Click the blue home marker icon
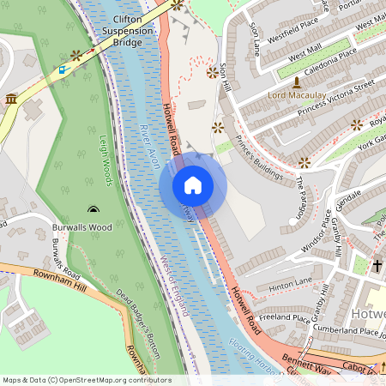[x=193, y=185]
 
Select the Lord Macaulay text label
[x=297, y=95]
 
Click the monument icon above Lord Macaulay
[x=297, y=82]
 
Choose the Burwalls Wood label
[x=81, y=227]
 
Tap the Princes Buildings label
[x=259, y=158]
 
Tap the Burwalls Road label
[x=65, y=256]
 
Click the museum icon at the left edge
[x=11, y=100]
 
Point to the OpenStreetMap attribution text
[x=86, y=379]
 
